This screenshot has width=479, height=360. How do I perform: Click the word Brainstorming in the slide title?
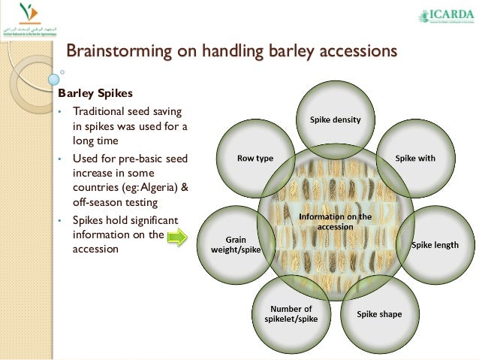coord(113,52)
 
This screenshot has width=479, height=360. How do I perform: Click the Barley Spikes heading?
coord(95,94)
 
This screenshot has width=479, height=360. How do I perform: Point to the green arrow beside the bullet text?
coord(176,238)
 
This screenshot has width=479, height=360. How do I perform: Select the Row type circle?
coord(255,159)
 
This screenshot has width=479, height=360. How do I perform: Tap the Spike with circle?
coord(415,159)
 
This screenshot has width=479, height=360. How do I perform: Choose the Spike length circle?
coord(435,245)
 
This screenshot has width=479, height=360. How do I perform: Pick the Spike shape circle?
coord(379,313)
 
